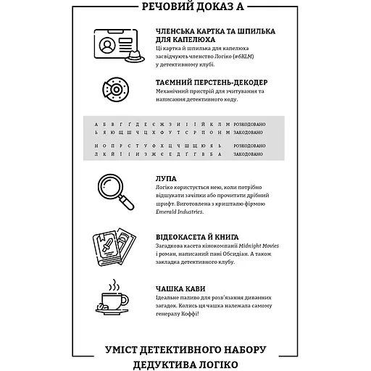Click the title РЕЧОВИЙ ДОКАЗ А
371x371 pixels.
pyautogui.click(x=185, y=9)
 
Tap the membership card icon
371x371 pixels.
pyautogui.click(x=109, y=46)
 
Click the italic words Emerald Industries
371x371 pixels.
pyautogui.click(x=179, y=213)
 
